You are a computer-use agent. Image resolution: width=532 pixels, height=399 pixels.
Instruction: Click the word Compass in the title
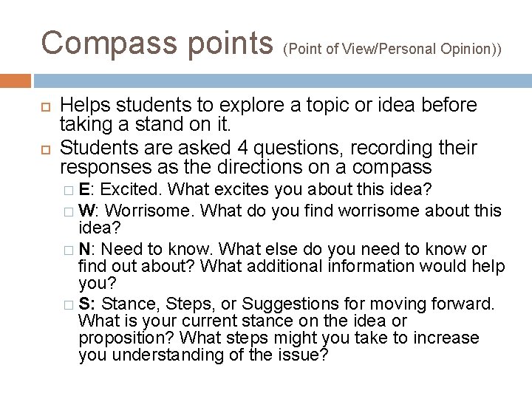108,43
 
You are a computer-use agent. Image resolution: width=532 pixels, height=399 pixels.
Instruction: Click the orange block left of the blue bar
16,80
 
